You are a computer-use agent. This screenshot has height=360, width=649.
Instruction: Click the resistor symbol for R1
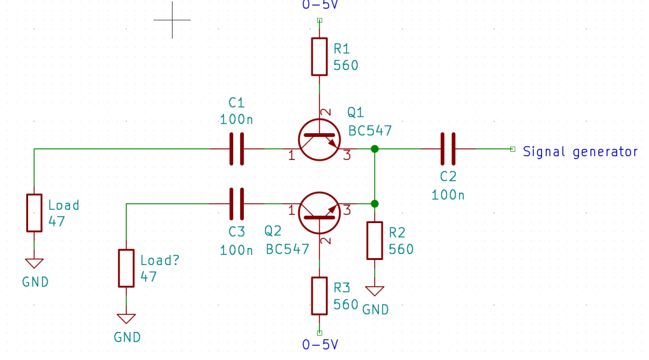click(319, 56)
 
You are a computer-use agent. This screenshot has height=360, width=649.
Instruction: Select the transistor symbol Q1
click(319, 139)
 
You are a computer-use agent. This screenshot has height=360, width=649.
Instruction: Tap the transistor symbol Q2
click(319, 213)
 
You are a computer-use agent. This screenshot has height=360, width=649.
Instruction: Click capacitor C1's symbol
click(236, 149)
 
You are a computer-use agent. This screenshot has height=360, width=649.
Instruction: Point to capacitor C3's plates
click(236, 204)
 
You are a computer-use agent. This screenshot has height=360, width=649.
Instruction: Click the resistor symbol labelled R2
click(375, 240)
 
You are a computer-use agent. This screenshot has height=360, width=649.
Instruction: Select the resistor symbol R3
click(319, 296)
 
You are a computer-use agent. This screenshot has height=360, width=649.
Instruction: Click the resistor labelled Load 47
click(34, 212)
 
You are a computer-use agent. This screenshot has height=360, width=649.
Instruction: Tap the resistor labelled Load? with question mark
click(126, 268)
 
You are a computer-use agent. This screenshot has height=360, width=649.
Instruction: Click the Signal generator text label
click(580, 151)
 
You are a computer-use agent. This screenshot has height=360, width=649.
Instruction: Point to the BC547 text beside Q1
click(370, 131)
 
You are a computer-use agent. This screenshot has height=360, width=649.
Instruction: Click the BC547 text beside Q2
click(288, 249)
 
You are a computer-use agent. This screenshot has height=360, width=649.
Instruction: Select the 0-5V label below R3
click(319, 344)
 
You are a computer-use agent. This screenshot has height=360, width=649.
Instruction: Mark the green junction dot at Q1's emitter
click(375, 149)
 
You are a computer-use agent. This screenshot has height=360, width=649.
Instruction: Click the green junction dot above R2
click(375, 204)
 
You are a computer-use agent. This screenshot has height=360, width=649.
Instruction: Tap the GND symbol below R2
click(375, 291)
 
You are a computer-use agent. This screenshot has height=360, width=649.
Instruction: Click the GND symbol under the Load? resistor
click(126, 319)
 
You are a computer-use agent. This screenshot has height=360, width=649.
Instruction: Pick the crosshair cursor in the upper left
click(172, 19)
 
